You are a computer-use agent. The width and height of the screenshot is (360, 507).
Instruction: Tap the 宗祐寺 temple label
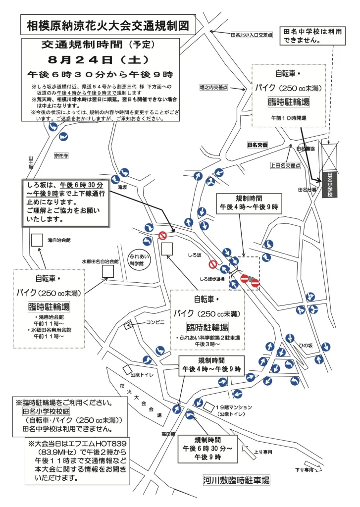pyautogui.click(x=61, y=155)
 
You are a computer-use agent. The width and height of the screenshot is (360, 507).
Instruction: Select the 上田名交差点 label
pyautogui.click(x=285, y=165)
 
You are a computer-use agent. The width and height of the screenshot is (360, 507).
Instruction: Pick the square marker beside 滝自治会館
pyautogui.click(x=36, y=240)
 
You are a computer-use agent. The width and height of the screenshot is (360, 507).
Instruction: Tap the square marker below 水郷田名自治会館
pyautogui.click(x=108, y=271)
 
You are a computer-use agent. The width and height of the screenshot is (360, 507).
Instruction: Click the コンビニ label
pyautogui.click(x=154, y=322)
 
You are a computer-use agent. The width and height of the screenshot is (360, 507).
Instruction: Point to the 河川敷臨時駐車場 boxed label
pyautogui.click(x=237, y=480)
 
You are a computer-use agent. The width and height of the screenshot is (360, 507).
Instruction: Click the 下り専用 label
pyautogui.click(x=305, y=469)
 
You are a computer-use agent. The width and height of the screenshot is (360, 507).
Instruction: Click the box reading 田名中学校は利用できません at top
pyautogui.click(x=312, y=35)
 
